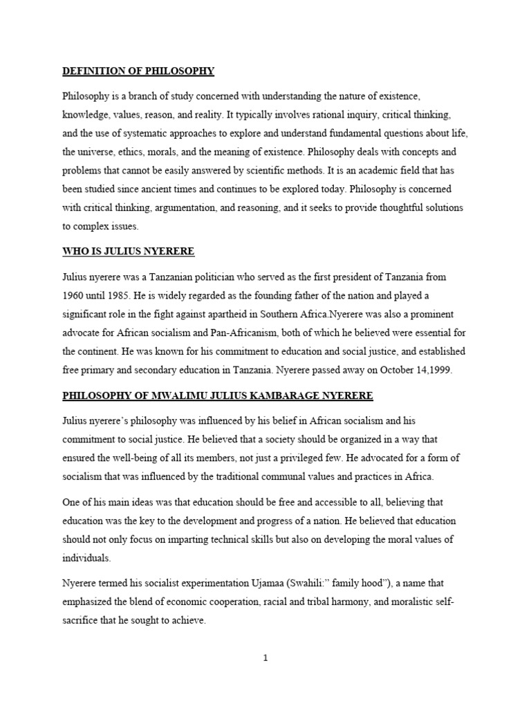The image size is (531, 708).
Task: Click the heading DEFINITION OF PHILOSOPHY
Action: pos(138,71)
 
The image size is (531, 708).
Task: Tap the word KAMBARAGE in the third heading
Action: pos(277,395)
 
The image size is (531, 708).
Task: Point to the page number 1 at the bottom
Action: pos(265,658)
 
